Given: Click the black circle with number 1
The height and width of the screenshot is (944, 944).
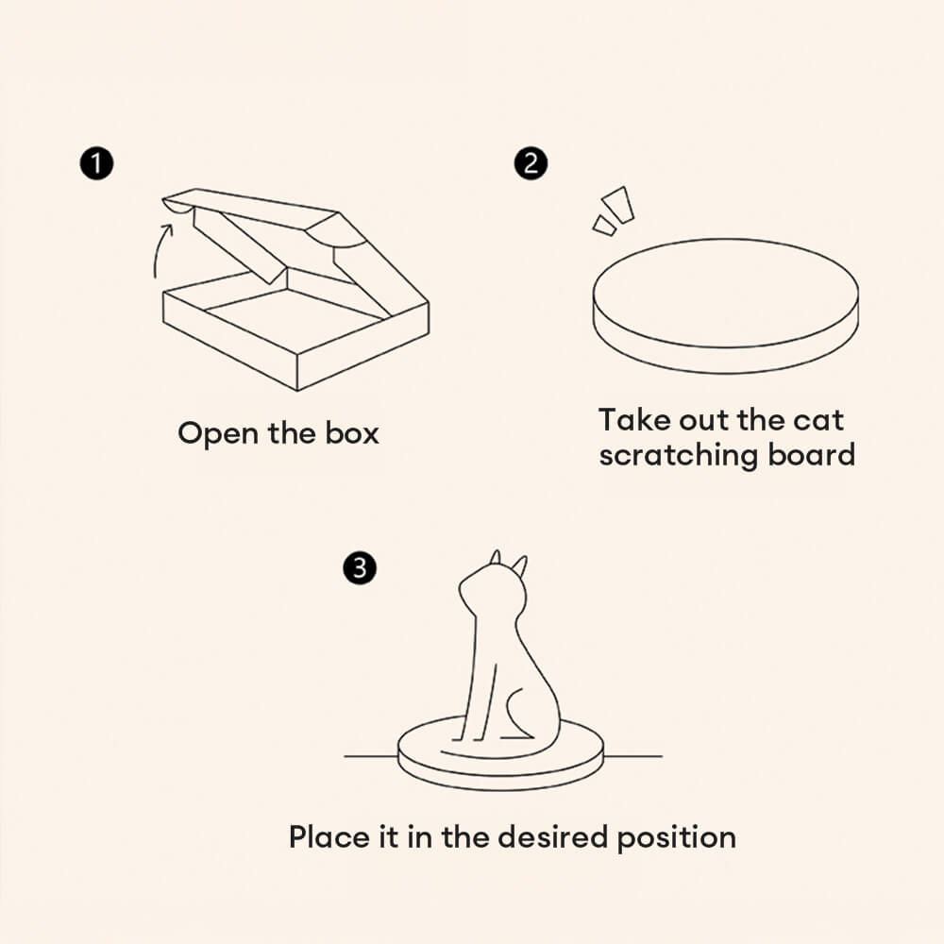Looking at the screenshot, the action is (x=96, y=163).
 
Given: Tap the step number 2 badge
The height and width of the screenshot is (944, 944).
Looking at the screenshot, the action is (x=531, y=163).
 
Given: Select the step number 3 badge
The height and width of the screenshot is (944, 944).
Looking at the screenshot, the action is (x=360, y=567).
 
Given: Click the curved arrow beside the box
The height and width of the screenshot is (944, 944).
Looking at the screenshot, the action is (x=161, y=250).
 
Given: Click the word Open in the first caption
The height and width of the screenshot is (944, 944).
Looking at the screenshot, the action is (x=218, y=434).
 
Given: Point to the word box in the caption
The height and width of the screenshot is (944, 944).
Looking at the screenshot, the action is (x=352, y=433).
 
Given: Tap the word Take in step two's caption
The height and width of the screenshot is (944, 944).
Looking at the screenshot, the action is (x=635, y=420).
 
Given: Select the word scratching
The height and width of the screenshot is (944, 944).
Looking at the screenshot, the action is (x=679, y=455).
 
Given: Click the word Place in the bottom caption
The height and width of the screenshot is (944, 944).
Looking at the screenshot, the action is (x=329, y=836).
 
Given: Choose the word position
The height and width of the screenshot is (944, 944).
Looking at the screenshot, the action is (x=677, y=838).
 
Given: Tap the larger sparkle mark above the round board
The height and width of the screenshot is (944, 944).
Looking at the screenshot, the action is (x=618, y=205).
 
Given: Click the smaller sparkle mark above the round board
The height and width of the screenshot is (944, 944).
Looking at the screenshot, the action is (x=604, y=226).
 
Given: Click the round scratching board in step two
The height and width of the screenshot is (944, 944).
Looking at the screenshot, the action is (x=725, y=306).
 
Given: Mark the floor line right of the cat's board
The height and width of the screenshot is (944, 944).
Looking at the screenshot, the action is (x=632, y=756).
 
